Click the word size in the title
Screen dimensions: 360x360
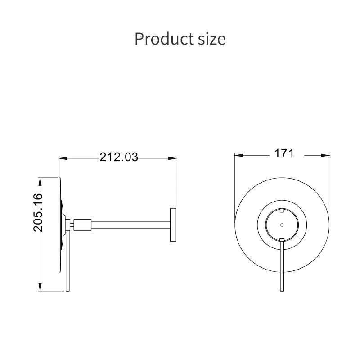pyautogui.click(x=211, y=39)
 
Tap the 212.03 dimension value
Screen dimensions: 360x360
pyautogui.click(x=119, y=157)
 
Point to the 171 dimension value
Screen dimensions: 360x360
pyautogui.click(x=284, y=153)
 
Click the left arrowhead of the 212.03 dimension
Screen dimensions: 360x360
pyautogui.click(x=63, y=158)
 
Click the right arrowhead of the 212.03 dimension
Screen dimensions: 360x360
pyautogui.click(x=172, y=158)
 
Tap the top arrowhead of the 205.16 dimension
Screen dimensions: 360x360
pyautogui.click(x=40, y=181)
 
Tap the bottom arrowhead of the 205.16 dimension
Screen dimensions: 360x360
pyautogui.click(x=40, y=287)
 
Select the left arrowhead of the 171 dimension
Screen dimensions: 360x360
pyautogui.click(x=239, y=155)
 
